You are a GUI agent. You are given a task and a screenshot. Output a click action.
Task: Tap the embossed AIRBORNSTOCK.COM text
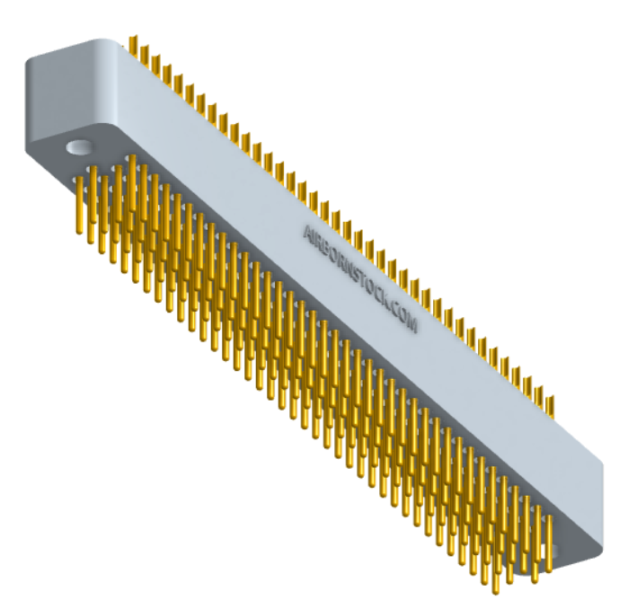pyautogui.click(x=360, y=278)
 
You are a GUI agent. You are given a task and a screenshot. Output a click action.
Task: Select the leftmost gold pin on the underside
pyautogui.click(x=81, y=202)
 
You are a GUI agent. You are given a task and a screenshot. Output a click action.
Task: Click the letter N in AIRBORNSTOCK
pyautogui.click(x=347, y=267)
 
